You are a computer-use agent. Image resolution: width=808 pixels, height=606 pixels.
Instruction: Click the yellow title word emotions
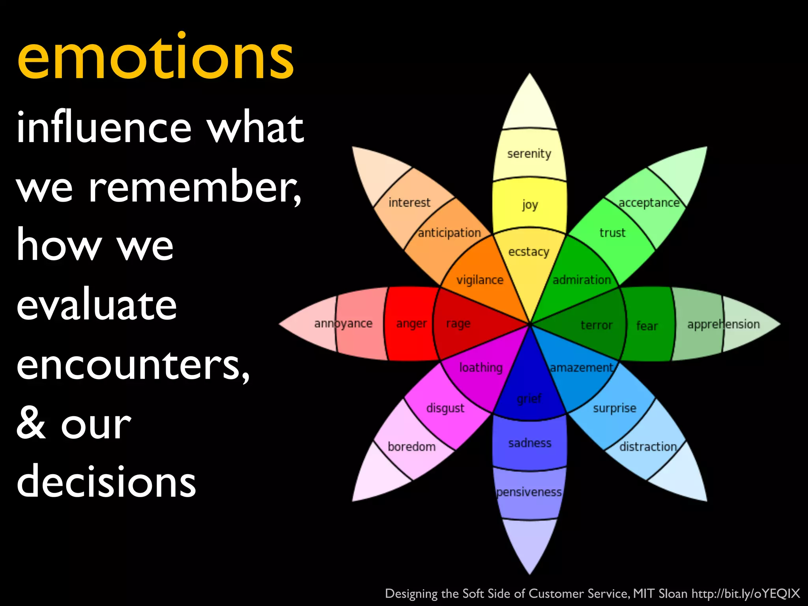tap(156, 57)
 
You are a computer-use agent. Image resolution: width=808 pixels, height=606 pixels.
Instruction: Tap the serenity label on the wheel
tap(529, 153)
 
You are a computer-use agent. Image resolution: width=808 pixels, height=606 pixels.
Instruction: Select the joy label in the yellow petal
tap(530, 205)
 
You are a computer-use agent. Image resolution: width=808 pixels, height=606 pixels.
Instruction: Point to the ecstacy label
tap(529, 252)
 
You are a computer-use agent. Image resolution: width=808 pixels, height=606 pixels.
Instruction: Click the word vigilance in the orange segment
tap(480, 280)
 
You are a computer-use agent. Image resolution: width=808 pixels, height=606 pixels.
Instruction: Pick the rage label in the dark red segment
tap(458, 324)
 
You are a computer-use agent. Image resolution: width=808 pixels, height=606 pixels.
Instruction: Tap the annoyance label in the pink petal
tap(343, 324)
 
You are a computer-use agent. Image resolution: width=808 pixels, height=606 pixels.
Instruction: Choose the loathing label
tap(481, 368)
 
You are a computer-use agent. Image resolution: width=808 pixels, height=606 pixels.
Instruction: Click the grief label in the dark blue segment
tap(529, 399)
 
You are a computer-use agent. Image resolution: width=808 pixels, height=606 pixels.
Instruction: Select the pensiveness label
tap(529, 492)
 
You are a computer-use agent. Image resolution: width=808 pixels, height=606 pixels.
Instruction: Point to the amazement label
tap(582, 368)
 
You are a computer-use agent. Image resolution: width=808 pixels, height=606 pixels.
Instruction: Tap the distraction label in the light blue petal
tap(648, 447)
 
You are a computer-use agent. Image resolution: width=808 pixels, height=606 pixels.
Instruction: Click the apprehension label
tap(723, 324)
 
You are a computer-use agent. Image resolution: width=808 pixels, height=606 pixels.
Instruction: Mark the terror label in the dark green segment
tap(597, 325)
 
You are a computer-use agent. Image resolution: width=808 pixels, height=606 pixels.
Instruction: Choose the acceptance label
tap(649, 203)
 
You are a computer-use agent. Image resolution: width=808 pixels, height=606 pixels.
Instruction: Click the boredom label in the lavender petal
tap(411, 447)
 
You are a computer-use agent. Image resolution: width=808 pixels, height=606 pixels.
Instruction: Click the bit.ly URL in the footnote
tap(746, 593)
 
